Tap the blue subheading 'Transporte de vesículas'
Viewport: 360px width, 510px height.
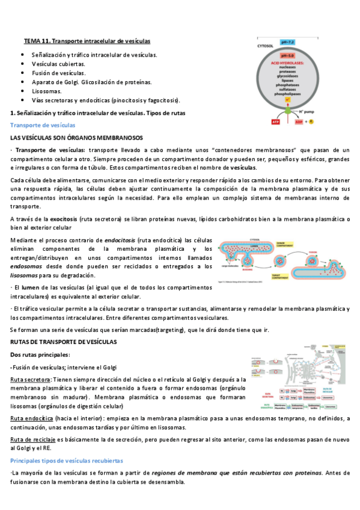[43, 125]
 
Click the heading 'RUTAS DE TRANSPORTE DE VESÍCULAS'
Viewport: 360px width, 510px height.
[63, 342]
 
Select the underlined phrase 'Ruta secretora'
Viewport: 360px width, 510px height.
[30, 379]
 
